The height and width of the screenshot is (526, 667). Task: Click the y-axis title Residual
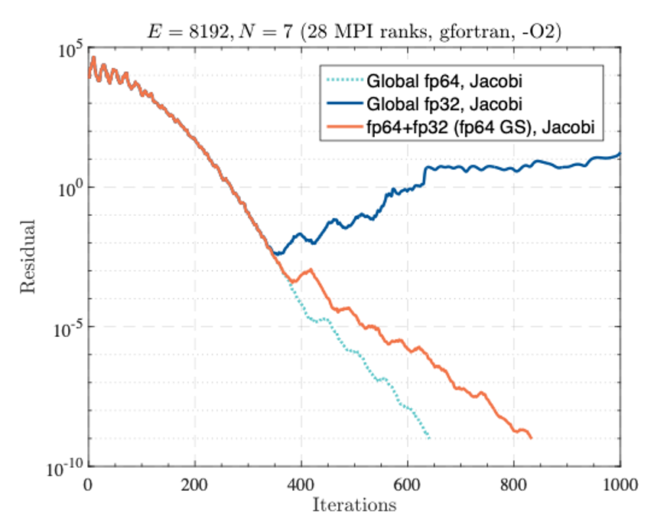28,256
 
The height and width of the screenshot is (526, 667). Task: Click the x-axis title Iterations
353,505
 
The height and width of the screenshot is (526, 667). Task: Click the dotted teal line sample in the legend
344,80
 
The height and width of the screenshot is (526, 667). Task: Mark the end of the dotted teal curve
429,438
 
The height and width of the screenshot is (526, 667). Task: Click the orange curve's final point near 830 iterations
530,437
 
